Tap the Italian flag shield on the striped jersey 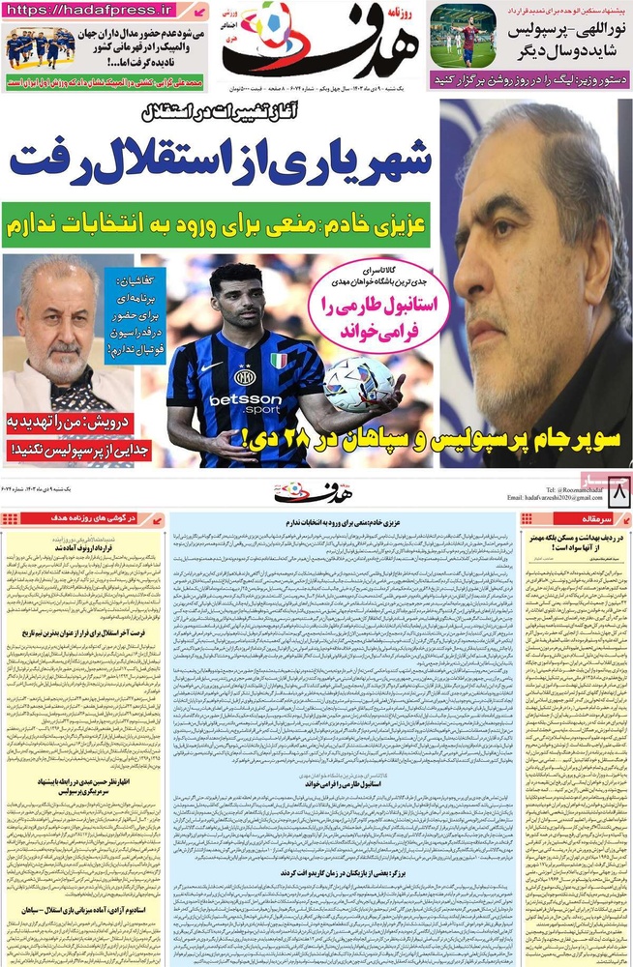tap(278, 360)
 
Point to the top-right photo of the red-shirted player tap(463, 35)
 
